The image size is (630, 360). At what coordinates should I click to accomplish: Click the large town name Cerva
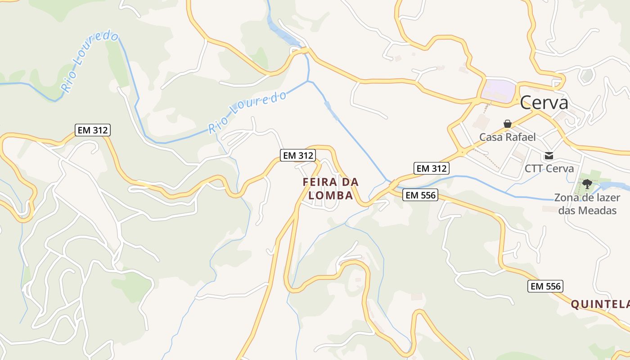(x=544, y=103)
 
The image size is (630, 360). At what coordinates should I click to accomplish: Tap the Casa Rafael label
(x=507, y=137)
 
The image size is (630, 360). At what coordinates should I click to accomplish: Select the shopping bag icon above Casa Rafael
(x=508, y=124)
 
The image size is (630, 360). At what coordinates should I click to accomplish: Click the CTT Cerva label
(x=549, y=169)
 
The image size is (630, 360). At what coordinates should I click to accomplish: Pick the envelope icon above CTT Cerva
(x=549, y=156)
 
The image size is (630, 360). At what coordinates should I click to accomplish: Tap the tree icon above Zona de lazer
(x=587, y=184)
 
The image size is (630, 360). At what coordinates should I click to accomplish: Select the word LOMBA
(x=331, y=196)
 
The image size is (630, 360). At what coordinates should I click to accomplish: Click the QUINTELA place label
(x=600, y=305)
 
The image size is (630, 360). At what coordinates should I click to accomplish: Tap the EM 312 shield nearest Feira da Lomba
(x=297, y=155)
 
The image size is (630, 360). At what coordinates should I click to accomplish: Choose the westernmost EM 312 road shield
(x=93, y=130)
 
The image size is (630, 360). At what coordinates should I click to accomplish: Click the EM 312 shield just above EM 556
(x=432, y=168)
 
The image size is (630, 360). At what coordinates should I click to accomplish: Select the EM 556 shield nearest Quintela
(x=545, y=286)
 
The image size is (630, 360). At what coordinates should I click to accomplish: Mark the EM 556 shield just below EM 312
(x=420, y=195)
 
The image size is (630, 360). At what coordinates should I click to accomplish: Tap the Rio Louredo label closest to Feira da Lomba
(x=247, y=112)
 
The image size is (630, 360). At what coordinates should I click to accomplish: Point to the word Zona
(x=566, y=198)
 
